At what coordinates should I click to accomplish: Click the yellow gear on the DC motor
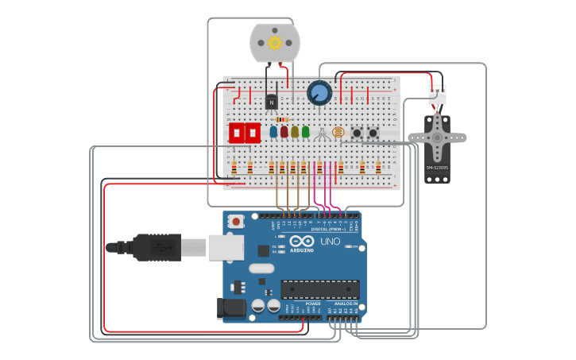click(275, 43)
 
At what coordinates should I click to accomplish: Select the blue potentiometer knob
click(319, 93)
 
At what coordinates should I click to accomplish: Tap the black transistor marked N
click(272, 101)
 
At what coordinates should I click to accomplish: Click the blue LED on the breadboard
click(273, 132)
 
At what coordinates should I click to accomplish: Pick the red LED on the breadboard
click(284, 132)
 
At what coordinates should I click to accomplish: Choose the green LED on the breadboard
click(306, 132)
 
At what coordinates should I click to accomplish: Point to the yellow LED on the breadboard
click(295, 132)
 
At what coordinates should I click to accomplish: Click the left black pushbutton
click(357, 133)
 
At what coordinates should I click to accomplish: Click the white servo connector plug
click(437, 95)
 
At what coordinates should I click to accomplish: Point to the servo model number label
click(437, 168)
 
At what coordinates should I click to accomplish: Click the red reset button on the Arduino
click(236, 221)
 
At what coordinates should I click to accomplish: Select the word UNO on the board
click(330, 242)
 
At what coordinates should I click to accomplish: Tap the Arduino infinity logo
click(302, 241)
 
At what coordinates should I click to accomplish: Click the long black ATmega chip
click(319, 289)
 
